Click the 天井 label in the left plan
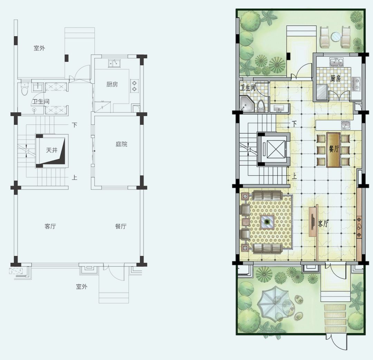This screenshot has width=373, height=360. click(x=52, y=150)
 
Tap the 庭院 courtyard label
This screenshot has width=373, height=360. click(x=122, y=144)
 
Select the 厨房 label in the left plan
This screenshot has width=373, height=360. click(x=112, y=84)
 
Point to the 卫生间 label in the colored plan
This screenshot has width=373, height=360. click(x=248, y=88)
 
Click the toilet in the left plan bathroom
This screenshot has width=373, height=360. click(x=25, y=89)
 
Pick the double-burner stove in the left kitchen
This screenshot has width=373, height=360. click(x=134, y=86)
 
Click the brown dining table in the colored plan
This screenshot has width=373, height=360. click(x=334, y=150)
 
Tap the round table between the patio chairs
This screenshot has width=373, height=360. click(x=336, y=37)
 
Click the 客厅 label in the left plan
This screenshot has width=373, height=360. click(x=50, y=227)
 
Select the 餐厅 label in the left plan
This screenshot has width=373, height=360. click(x=121, y=227)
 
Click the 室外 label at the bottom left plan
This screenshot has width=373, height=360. click(x=82, y=287)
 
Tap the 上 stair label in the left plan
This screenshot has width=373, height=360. click(x=75, y=177)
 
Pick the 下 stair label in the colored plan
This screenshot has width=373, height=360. click(x=294, y=124)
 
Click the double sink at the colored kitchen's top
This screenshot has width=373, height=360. click(x=336, y=62)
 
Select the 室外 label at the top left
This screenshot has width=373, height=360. click(x=39, y=48)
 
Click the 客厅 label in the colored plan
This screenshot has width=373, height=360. click(x=324, y=224)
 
